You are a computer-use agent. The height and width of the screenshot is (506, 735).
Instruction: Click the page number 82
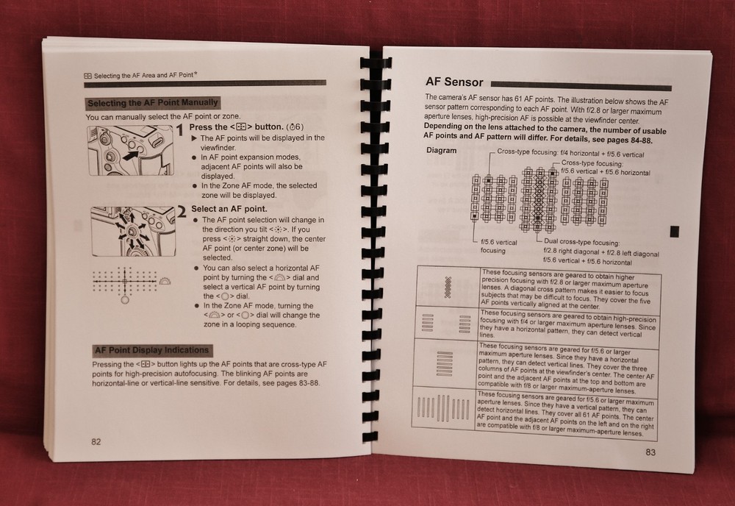[96, 441]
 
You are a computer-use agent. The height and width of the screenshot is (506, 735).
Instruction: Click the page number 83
[650, 452]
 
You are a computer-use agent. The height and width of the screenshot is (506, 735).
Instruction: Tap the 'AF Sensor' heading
[454, 82]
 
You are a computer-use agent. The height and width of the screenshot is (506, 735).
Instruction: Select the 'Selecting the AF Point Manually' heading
[152, 103]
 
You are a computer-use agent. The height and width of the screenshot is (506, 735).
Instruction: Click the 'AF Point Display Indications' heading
[151, 350]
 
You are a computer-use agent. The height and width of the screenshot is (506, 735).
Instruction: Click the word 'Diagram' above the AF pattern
[441, 150]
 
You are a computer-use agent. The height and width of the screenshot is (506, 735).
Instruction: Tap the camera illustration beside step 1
[130, 150]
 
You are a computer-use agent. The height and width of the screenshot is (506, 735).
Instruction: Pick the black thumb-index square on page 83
[674, 232]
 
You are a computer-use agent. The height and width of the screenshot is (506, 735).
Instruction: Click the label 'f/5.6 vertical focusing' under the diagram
[498, 246]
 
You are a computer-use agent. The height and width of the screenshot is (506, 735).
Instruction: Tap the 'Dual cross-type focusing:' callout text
[581, 242]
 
